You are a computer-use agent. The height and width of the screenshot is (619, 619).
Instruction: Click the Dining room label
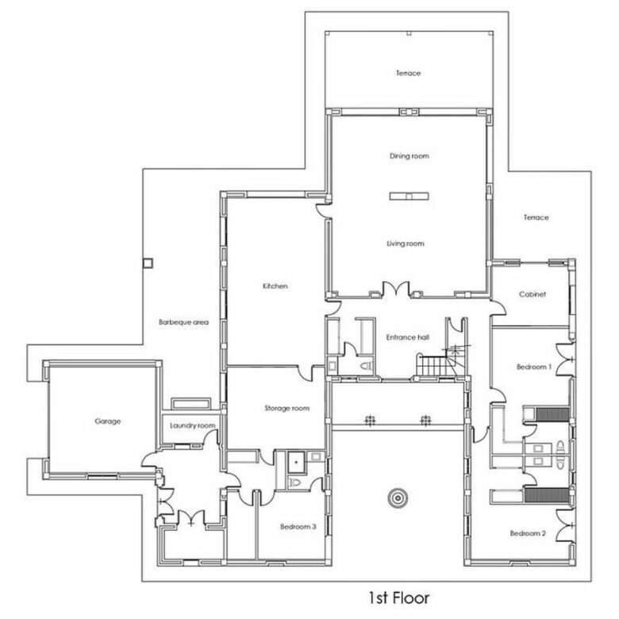[409, 156]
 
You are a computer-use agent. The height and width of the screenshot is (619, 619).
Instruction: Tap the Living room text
[406, 244]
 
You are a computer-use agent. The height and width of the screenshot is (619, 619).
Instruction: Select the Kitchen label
[275, 286]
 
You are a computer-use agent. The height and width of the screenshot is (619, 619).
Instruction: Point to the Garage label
[107, 421]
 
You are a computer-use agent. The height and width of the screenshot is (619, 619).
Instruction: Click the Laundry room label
[193, 425]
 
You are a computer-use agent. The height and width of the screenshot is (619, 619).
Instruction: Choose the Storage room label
[287, 408]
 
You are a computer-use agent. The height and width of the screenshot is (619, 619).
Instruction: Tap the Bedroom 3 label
[298, 527]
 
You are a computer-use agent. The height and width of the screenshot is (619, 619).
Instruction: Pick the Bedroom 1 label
[534, 367]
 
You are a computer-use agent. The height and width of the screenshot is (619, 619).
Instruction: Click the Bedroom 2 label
[528, 533]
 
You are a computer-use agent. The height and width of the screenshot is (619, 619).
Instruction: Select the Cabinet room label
[532, 294]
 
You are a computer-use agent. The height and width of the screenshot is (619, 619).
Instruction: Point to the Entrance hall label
[408, 337]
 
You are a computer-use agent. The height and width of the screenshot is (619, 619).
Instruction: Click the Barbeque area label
[183, 322]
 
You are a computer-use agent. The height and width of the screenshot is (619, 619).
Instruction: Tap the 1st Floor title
[398, 598]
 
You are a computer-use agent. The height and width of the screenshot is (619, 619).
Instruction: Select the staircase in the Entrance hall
[437, 365]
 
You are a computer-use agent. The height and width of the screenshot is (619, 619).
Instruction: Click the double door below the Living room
[396, 289]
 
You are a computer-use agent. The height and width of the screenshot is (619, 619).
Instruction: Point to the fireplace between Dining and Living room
[409, 196]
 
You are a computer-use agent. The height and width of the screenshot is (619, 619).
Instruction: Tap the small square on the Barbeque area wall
[148, 263]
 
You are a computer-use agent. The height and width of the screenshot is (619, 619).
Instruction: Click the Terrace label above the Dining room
[408, 73]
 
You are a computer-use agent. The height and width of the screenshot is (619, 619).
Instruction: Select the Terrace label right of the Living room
[536, 217]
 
